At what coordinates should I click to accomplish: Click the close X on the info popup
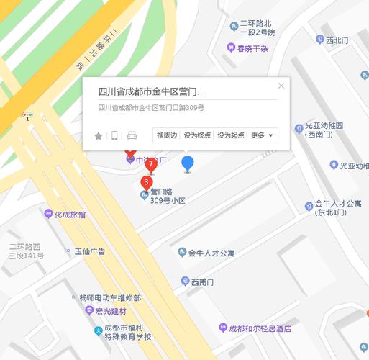pos(281,86)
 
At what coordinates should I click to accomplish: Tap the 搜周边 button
pos(167,135)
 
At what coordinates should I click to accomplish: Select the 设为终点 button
pos(197,135)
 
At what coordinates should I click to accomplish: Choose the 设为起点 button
pos(231,135)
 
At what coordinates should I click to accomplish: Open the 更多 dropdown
pos(261,135)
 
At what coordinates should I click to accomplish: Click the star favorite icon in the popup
pos(99,135)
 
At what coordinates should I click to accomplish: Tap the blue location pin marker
pos(188,163)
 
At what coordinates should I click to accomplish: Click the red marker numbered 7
pos(151,165)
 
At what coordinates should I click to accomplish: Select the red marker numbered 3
pos(146,182)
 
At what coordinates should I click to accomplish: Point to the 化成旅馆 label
pos(70,215)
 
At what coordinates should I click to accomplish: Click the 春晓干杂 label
pos(252,49)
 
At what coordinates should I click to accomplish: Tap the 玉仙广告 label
pos(90,251)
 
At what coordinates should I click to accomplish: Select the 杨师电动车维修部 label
pos(110,297)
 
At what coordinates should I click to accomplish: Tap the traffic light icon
pos(28,115)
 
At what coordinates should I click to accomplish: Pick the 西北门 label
pos(337,41)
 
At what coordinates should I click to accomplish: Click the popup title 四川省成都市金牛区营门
pos(152,92)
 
